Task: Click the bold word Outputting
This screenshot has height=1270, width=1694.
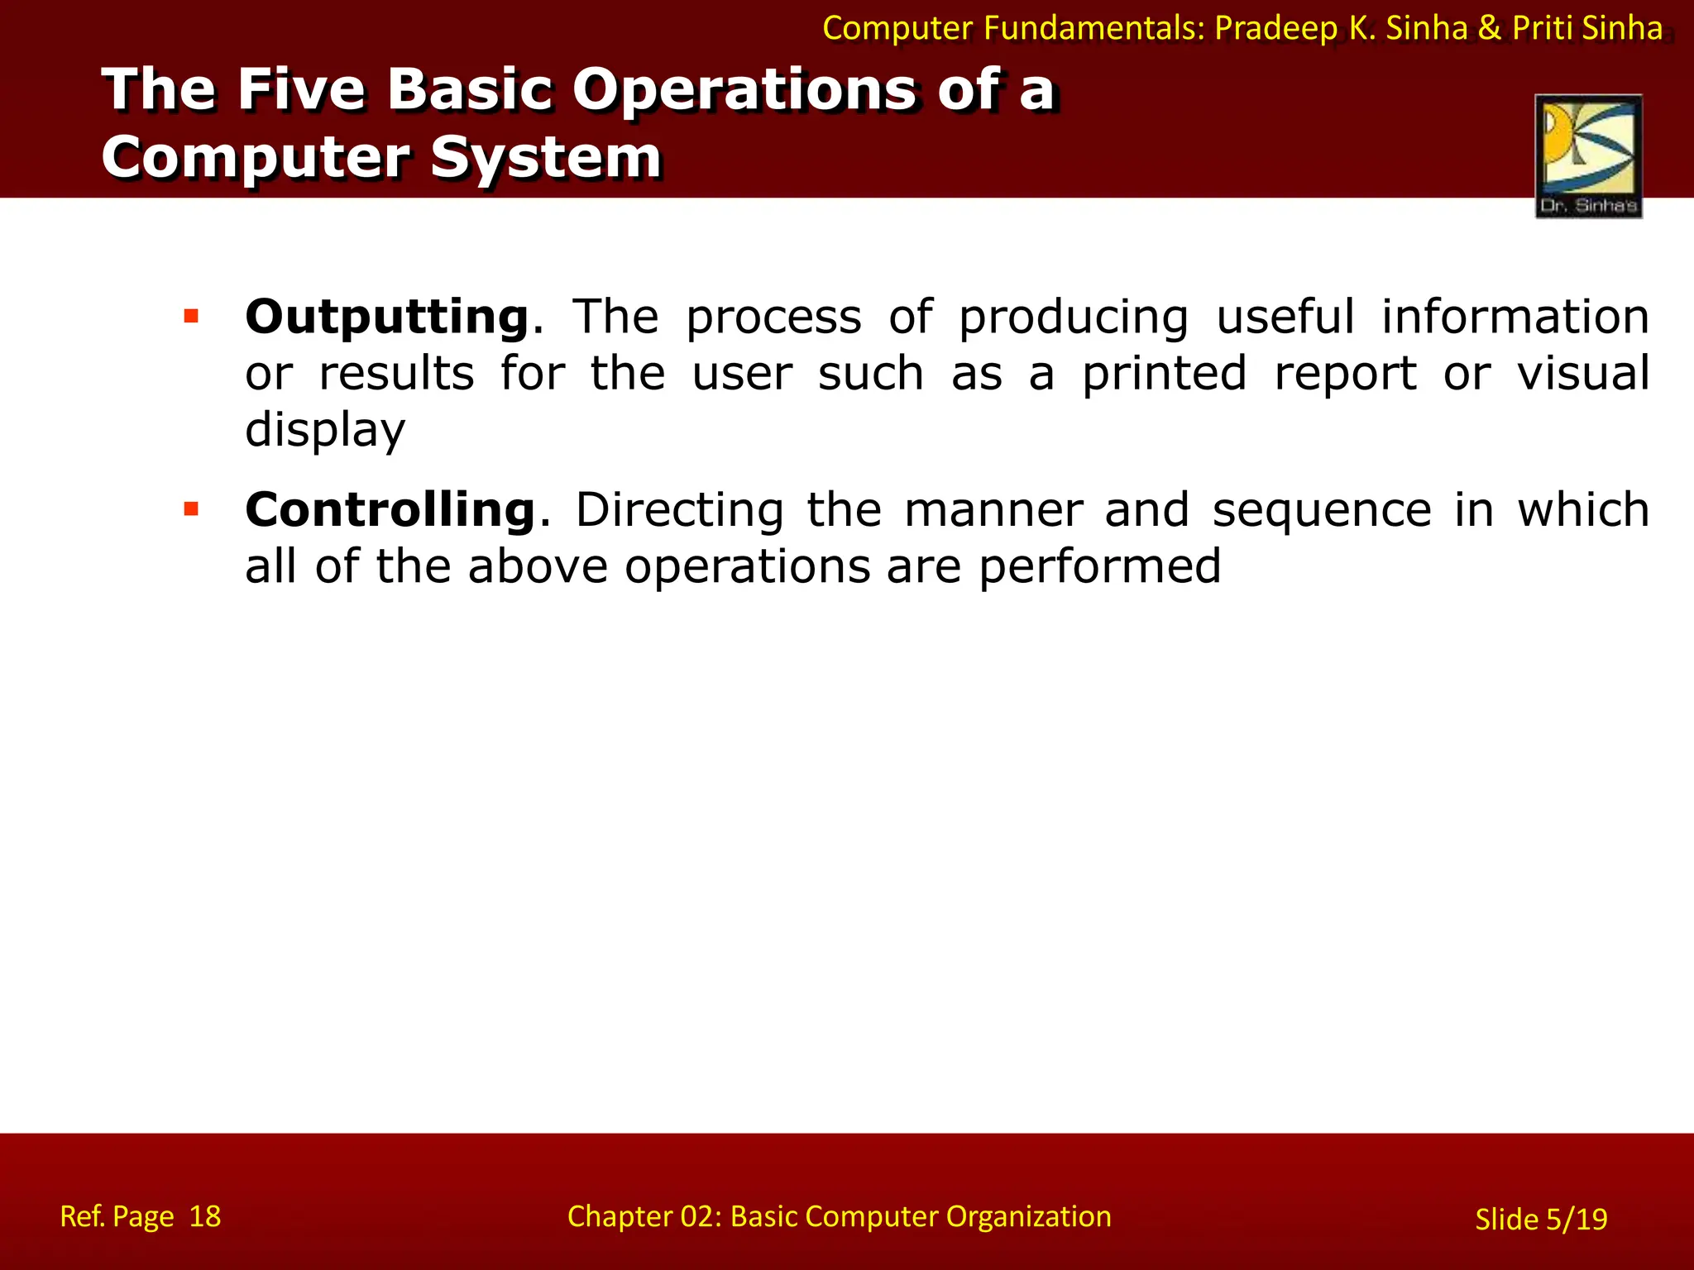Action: (x=386, y=317)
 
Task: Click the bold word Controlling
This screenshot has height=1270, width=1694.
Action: (x=390, y=510)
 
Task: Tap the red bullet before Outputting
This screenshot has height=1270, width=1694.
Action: (x=191, y=316)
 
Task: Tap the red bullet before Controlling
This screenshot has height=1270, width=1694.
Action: (x=191, y=508)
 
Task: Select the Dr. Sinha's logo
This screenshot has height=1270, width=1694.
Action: (x=1588, y=156)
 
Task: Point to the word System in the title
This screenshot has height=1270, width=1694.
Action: (x=546, y=157)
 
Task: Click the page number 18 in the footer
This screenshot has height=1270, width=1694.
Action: (x=205, y=1216)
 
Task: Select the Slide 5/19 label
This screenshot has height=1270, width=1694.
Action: (x=1541, y=1220)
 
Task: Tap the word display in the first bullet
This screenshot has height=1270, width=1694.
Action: (x=325, y=430)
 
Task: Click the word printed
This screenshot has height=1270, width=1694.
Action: (x=1164, y=373)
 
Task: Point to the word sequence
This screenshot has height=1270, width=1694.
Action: (x=1321, y=510)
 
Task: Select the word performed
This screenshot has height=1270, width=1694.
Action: (x=1099, y=567)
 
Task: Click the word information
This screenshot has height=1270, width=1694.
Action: (x=1515, y=317)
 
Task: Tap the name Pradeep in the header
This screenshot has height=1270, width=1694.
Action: (x=1275, y=29)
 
